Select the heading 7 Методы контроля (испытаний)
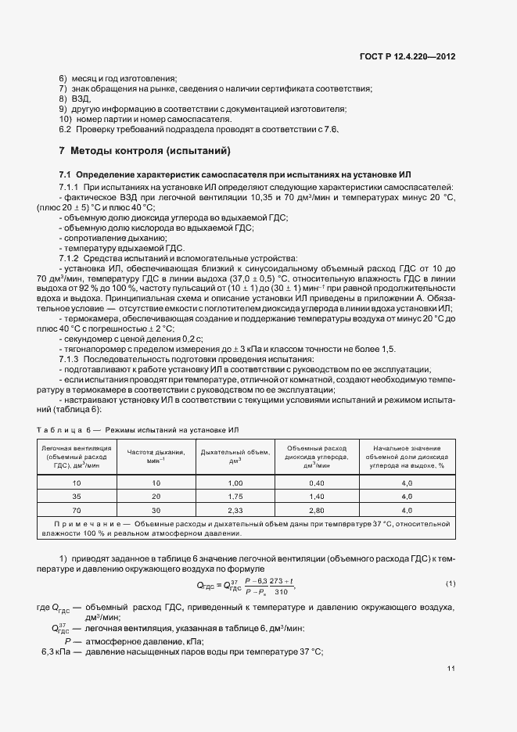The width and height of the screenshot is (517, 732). pos(133,150)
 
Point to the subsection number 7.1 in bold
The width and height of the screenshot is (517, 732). pos(65,174)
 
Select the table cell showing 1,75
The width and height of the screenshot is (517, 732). pos(234,497)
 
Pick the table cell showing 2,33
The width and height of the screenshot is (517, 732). pos(234,508)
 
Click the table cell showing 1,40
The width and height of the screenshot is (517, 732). pos(316,497)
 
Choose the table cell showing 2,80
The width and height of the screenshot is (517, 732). pos(316,508)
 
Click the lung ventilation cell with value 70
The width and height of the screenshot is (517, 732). pos(76,508)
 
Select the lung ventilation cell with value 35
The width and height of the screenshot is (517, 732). pos(76,497)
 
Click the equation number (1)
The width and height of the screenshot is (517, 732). pos(451,584)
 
